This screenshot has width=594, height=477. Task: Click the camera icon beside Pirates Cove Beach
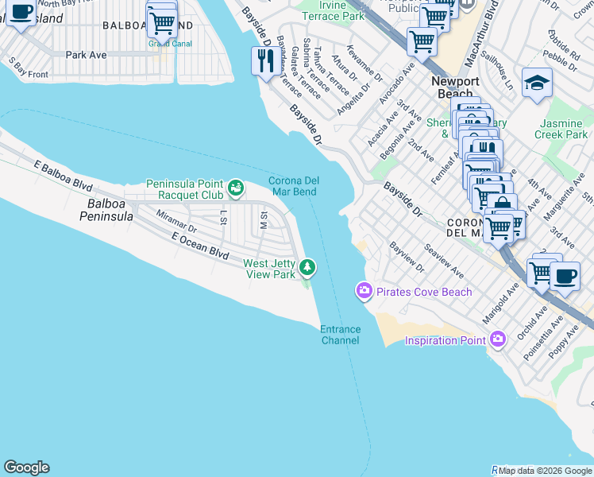364,292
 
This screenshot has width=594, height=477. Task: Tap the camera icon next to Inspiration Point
498,340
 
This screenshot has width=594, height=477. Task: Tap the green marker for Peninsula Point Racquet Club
235,188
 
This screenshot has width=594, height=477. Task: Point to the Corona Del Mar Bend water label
292,186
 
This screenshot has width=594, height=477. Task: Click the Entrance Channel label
340,335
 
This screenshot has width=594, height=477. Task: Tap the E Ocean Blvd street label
199,246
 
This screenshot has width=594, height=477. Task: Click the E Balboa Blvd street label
64,175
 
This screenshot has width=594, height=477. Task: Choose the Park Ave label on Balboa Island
86,56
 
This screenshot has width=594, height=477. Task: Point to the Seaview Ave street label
445,261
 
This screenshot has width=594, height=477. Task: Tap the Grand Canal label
164,44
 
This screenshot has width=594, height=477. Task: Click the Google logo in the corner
26,467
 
